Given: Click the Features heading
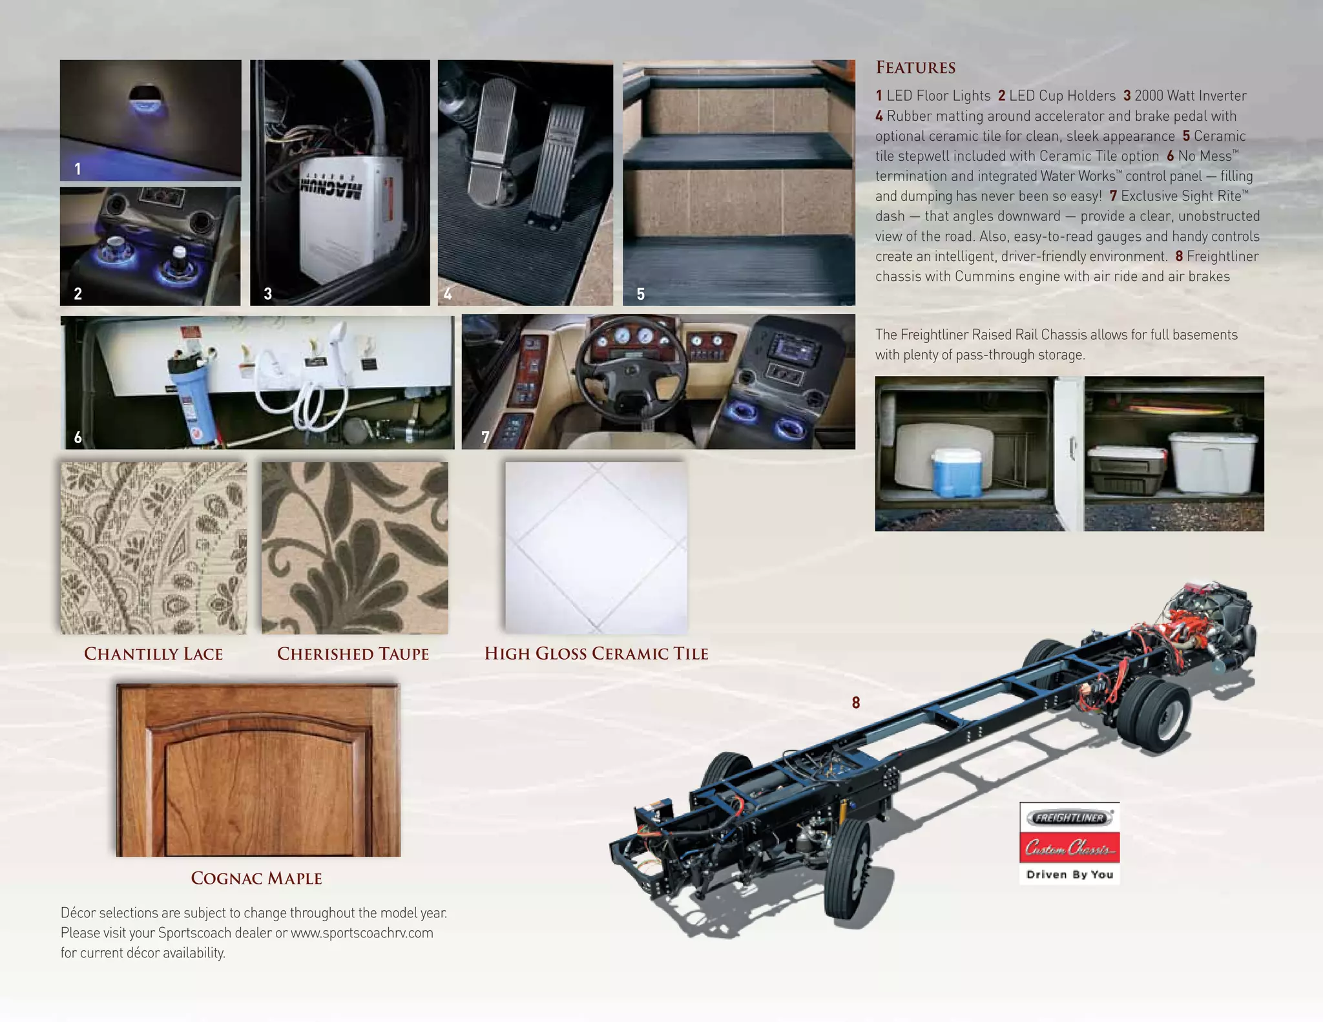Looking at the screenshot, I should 915,67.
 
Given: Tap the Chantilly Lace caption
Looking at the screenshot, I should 153,654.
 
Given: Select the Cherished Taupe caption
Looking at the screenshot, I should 353,654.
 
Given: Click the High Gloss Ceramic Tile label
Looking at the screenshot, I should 596,653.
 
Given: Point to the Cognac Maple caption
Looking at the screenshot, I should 256,878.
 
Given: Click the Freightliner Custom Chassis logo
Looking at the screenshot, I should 1069,842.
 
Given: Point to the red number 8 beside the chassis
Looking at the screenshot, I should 856,703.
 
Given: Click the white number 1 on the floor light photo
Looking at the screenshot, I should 78,169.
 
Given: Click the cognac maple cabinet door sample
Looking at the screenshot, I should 258,770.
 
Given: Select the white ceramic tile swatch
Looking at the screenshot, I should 596,547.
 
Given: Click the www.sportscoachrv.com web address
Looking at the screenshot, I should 362,933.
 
